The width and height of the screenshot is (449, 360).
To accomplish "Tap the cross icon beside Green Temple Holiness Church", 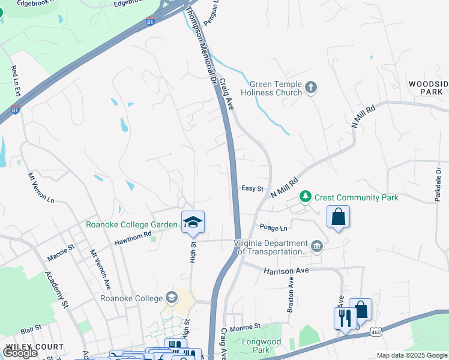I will [311, 88].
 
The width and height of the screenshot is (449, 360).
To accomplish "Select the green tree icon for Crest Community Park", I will [306, 197].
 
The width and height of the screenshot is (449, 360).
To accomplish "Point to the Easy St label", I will [253, 188].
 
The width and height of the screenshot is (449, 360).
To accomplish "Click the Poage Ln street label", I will [274, 228].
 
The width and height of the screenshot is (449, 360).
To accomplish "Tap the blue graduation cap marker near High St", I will [193, 223].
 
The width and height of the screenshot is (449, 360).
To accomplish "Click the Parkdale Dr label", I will [438, 184].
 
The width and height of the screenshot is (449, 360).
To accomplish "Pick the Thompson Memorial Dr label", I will [201, 45].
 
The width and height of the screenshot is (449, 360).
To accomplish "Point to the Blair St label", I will [30, 329].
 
